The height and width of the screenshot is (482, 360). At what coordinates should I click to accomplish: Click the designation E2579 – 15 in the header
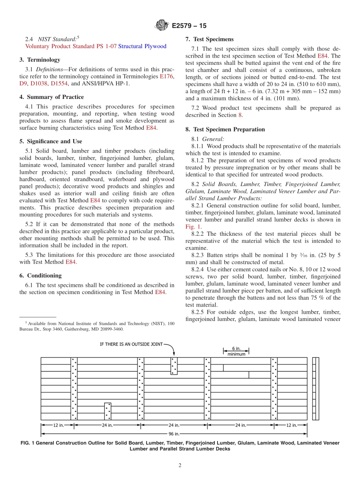(189, 26)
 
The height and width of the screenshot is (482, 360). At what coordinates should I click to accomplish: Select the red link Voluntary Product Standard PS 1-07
(71, 46)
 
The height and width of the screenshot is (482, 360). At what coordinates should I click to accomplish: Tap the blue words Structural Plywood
(142, 46)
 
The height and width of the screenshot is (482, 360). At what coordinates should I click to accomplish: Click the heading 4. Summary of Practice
(52, 97)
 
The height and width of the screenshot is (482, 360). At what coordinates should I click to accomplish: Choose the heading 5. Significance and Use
(51, 141)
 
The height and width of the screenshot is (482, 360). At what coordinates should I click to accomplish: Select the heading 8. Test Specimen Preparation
(225, 130)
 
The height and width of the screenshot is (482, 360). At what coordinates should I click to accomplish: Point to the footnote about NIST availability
(97, 326)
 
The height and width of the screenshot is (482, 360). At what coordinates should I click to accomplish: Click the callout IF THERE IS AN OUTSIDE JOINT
(131, 344)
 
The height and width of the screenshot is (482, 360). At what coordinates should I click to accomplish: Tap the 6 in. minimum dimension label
(236, 352)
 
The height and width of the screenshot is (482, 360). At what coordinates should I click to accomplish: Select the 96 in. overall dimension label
(174, 433)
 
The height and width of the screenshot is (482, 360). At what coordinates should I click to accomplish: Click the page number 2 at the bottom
(180, 466)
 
